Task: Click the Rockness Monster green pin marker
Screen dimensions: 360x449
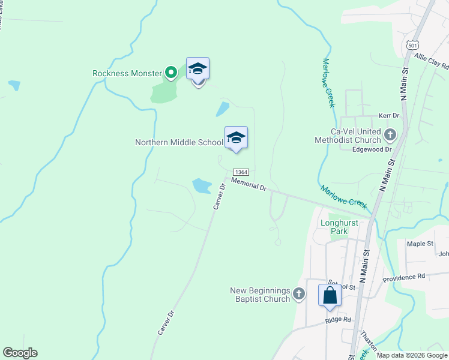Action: click(170, 73)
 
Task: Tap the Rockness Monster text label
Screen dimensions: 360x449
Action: click(127, 74)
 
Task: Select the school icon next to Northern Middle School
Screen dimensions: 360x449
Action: click(236, 138)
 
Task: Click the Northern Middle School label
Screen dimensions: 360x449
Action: click(179, 142)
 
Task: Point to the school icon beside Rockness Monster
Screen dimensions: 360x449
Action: click(197, 70)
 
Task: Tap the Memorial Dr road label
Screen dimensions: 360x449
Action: click(249, 184)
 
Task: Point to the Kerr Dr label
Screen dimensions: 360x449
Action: click(389, 115)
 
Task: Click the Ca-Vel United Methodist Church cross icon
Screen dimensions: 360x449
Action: click(390, 134)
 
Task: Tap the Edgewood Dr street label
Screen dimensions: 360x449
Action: click(372, 149)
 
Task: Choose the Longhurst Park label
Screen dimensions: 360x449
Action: click(339, 227)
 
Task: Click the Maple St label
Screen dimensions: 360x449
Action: click(420, 244)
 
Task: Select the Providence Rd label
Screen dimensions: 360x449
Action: click(404, 277)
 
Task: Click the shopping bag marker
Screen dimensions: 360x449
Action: click(330, 295)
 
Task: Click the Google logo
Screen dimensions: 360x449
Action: click(20, 353)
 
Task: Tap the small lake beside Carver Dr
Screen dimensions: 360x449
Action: click(201, 185)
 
